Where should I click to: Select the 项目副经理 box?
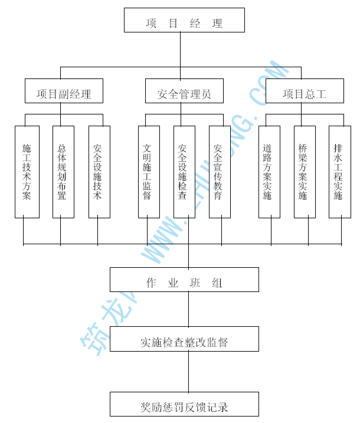[x=64, y=91]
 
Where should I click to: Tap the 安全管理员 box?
[x=184, y=91]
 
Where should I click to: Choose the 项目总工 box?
[x=305, y=91]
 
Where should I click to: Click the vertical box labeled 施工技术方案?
[x=27, y=172]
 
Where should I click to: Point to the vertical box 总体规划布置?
[x=63, y=172]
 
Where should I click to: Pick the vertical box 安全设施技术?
[x=99, y=172]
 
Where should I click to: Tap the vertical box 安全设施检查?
[x=184, y=172]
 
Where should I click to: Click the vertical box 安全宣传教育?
[x=220, y=172]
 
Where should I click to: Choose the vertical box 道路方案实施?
[x=269, y=172]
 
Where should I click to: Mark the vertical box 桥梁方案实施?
[x=305, y=172]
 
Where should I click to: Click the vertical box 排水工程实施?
[x=339, y=172]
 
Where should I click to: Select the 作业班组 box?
[x=184, y=280]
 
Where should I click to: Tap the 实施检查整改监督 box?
[x=184, y=339]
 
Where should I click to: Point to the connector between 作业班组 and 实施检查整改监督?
[x=189, y=310]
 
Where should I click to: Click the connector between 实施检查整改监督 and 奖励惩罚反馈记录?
[x=189, y=372]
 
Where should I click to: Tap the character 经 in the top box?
[x=196, y=24]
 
